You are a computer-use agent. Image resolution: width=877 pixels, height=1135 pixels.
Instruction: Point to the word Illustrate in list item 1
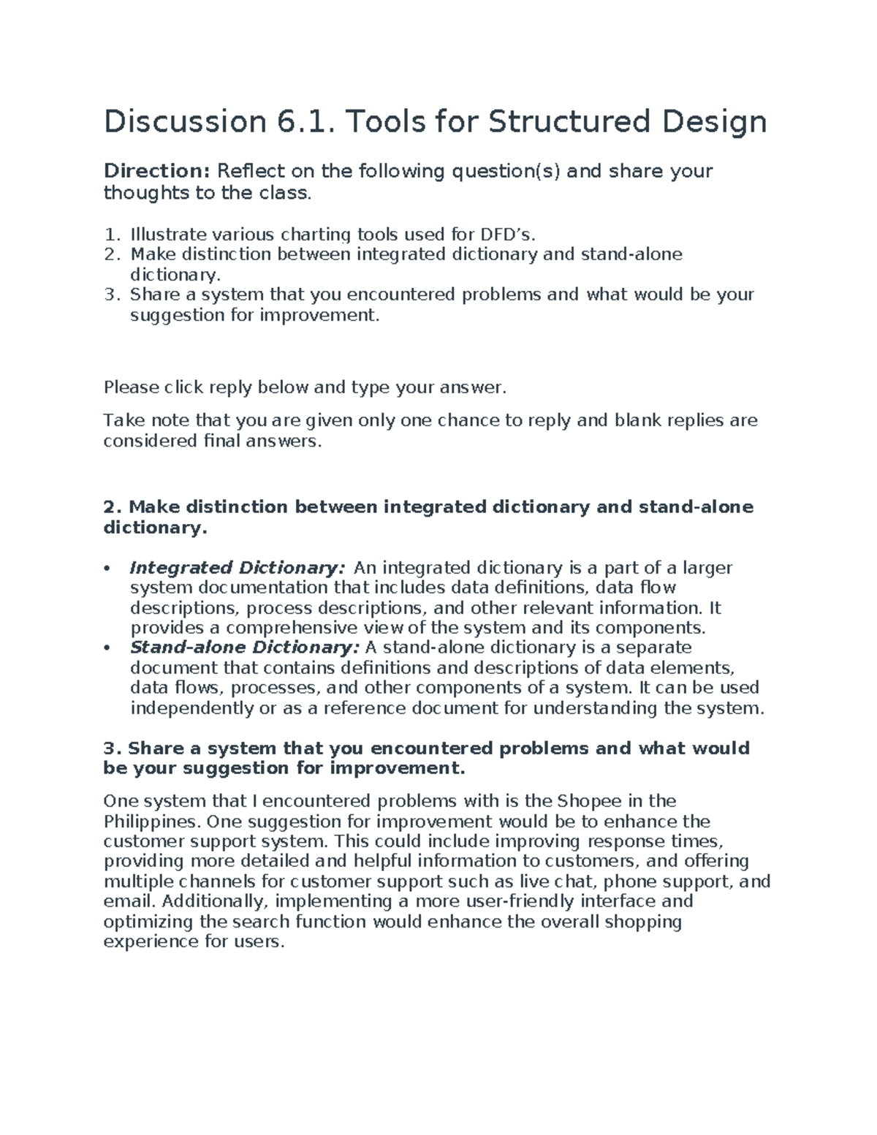[167, 235]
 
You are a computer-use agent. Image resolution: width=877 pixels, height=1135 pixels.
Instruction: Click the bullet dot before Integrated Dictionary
[107, 569]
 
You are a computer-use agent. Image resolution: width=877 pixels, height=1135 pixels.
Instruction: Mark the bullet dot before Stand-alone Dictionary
[107, 648]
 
